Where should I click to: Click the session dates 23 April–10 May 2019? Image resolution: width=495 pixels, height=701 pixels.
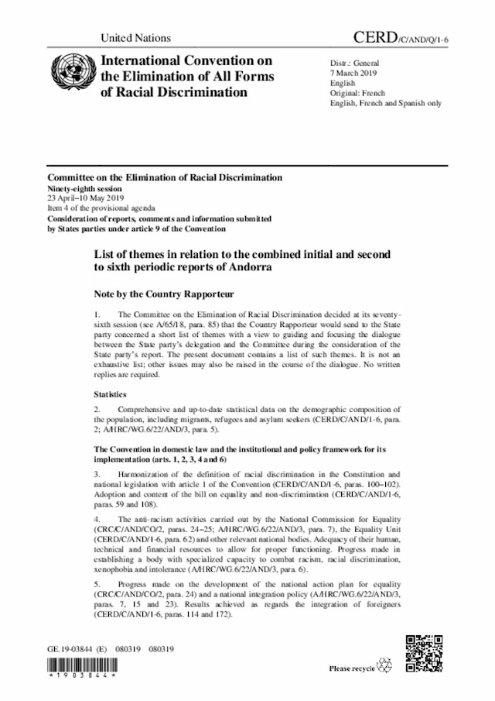pyautogui.click(x=93, y=198)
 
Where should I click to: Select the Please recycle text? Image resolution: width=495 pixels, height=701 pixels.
pyautogui.click(x=352, y=668)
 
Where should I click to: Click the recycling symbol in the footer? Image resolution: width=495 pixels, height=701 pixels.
pyautogui.click(x=385, y=666)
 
